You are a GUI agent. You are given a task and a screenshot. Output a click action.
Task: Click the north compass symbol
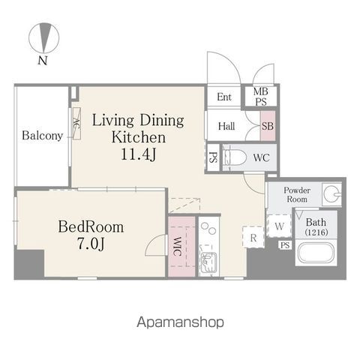pyautogui.click(x=44, y=38)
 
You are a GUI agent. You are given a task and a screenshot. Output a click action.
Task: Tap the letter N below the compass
pyautogui.click(x=43, y=61)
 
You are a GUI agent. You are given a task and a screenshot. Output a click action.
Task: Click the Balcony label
pyautogui.click(x=42, y=136)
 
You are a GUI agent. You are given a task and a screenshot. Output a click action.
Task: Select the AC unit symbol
pyautogui.click(x=76, y=124)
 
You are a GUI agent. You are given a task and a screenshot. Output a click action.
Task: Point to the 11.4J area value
pyautogui.click(x=138, y=154)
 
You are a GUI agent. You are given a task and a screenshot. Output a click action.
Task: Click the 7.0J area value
pyautogui.click(x=91, y=243)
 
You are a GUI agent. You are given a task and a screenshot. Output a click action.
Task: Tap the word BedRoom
pyautogui.click(x=91, y=227)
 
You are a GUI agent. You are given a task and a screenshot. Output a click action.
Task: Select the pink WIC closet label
pyautogui.click(x=177, y=246)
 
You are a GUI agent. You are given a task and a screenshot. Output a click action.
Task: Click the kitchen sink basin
pyautogui.click(x=208, y=262)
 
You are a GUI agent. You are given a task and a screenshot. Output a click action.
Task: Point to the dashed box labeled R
pyautogui.click(x=253, y=237)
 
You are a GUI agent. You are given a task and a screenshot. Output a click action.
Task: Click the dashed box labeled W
pyautogui.click(x=279, y=226)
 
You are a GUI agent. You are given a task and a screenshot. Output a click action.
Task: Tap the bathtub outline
pyautogui.click(x=316, y=252)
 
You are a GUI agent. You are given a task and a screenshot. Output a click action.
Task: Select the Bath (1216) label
pyautogui.click(x=316, y=227)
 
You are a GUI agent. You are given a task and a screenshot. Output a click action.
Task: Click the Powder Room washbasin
pyautogui.click(x=332, y=193)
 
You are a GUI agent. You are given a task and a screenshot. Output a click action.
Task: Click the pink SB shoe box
pyautogui.click(x=268, y=126)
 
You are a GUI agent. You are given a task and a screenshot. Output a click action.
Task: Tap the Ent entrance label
pyautogui.click(x=224, y=97)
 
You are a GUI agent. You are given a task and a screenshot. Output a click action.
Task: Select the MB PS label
pyautogui.click(x=261, y=97)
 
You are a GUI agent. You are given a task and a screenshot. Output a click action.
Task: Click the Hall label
pyautogui.click(x=226, y=126)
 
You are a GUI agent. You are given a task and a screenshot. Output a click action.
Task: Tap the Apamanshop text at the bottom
pyautogui.click(x=180, y=322)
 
